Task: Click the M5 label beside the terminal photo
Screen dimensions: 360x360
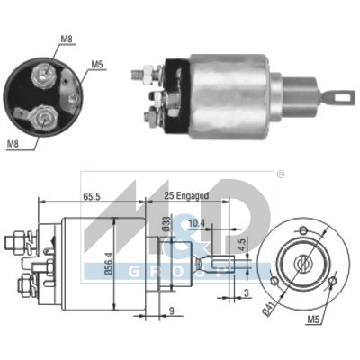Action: (x=97, y=65)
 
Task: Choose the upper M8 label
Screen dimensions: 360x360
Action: (x=67, y=37)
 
